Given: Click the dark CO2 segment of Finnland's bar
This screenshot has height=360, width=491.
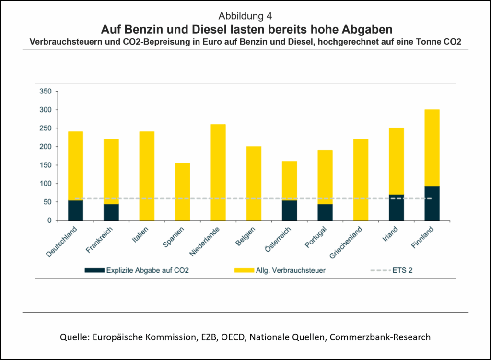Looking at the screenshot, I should tap(432, 203).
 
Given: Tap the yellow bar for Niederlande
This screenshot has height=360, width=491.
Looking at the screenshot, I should tap(218, 172).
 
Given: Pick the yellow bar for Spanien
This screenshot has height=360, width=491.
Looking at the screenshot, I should tap(182, 191).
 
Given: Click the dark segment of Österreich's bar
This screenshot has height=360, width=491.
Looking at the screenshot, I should tap(289, 210).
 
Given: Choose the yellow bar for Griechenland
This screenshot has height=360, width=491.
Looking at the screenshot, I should tap(361, 179).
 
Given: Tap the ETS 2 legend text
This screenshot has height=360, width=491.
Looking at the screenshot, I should tap(403, 270).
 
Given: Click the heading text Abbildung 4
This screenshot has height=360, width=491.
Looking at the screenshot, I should tap(245, 16).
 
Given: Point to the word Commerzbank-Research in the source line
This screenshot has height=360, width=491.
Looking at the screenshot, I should tap(380, 337).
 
